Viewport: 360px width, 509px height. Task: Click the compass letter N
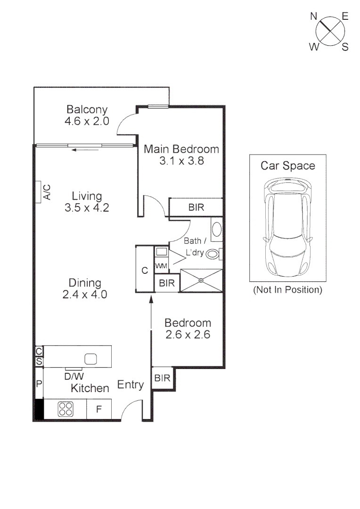[313, 16]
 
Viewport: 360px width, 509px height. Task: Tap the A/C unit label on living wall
[47, 192]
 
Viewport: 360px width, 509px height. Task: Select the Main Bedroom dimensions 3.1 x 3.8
[181, 161]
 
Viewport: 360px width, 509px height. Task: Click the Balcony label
[87, 110]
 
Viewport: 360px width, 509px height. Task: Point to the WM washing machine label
[161, 266]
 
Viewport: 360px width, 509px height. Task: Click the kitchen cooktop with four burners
[65, 409]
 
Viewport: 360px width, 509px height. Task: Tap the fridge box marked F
[99, 409]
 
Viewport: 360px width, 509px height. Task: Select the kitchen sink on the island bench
[90, 359]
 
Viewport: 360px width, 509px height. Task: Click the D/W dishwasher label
[74, 376]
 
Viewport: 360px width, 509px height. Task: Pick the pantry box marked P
[39, 384]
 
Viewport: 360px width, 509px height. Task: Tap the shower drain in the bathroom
[201, 280]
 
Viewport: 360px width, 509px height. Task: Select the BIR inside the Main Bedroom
[196, 207]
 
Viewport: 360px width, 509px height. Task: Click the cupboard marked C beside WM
[145, 270]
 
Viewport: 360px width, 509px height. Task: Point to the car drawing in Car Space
[287, 227]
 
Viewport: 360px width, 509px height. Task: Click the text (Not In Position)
[287, 289]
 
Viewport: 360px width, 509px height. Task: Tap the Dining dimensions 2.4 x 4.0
[85, 295]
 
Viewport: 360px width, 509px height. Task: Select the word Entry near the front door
[131, 385]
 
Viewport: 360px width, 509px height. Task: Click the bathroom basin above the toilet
[217, 230]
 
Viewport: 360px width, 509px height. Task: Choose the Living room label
[87, 196]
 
